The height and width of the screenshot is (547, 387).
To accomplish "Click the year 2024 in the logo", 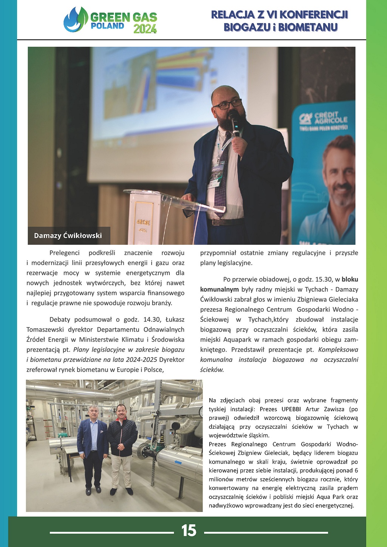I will click(145, 29).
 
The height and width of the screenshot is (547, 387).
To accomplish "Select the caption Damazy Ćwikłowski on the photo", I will click(68, 236).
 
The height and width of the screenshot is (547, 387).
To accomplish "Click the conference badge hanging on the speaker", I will click(216, 175).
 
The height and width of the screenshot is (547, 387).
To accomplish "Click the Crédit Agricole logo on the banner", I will click(323, 119).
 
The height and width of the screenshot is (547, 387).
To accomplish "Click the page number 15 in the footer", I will click(189, 531).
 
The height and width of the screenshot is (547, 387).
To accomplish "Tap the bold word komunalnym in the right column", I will click(219, 289).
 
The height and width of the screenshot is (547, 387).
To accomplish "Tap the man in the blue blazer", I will click(92, 446).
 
